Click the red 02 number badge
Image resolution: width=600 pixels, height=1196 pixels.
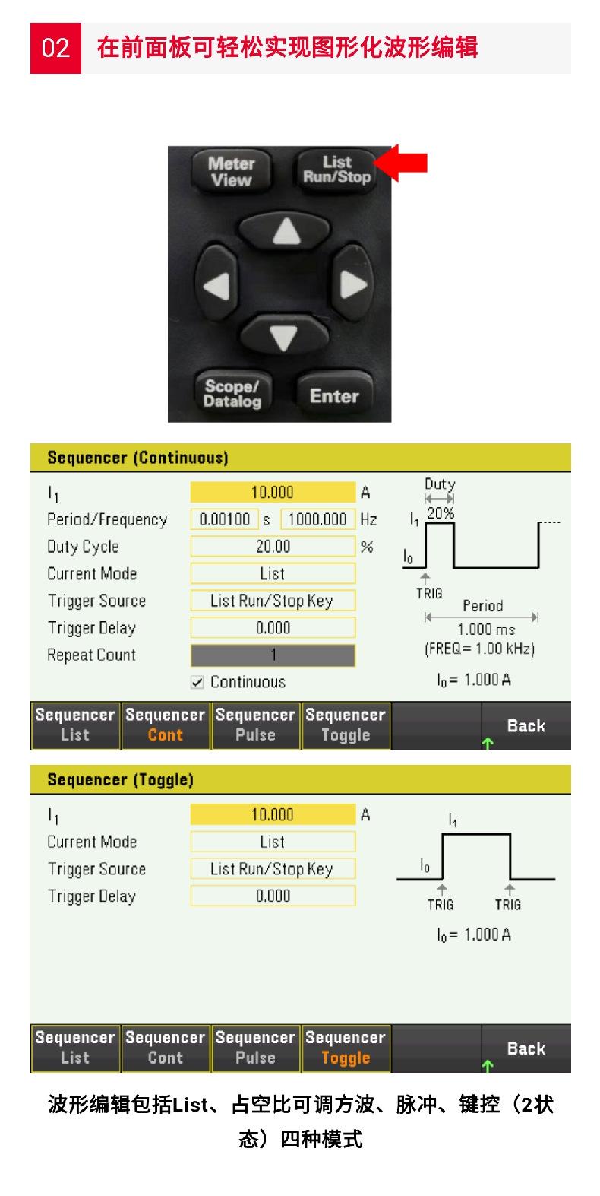click(x=55, y=48)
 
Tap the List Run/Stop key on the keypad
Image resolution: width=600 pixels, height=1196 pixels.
click(x=336, y=170)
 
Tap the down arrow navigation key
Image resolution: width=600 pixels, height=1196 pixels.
click(x=284, y=335)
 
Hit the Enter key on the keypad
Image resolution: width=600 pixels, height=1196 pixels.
click(x=334, y=395)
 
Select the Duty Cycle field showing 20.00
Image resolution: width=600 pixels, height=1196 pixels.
click(x=273, y=546)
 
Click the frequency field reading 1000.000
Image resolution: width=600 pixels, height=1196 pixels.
click(x=318, y=519)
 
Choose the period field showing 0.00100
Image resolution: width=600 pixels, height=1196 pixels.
click(x=225, y=519)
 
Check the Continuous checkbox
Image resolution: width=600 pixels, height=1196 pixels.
click(x=197, y=682)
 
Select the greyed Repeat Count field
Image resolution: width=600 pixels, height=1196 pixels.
click(x=273, y=655)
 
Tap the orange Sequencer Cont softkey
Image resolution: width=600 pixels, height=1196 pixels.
click(x=166, y=725)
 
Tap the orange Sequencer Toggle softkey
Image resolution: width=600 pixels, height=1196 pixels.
click(x=346, y=1048)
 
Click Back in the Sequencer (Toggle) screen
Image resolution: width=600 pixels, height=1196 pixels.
click(x=526, y=1048)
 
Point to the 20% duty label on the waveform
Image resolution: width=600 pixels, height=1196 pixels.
click(x=441, y=513)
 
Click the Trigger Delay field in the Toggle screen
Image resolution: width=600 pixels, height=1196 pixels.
click(x=273, y=896)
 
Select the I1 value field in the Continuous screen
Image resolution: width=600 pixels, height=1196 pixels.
click(x=273, y=492)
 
